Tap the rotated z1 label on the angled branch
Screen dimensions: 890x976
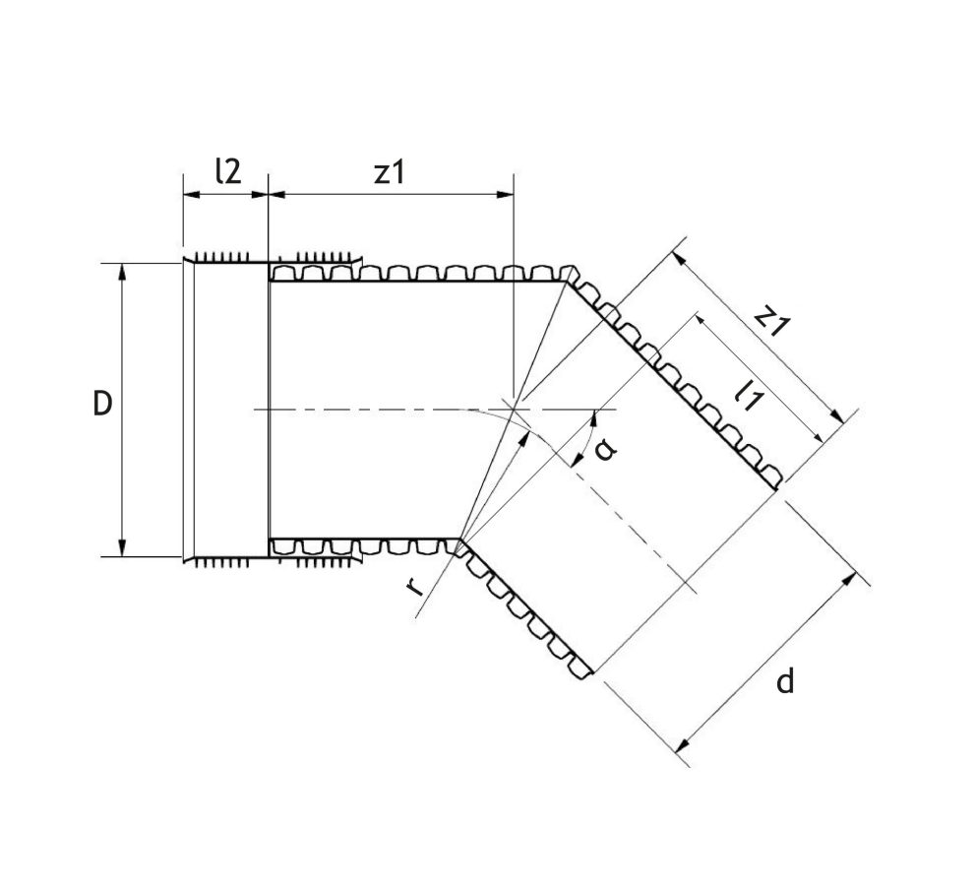click(773, 321)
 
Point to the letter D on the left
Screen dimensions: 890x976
click(101, 405)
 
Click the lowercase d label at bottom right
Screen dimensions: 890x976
click(784, 680)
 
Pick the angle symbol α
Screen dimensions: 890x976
click(607, 449)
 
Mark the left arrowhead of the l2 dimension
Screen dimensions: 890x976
click(188, 193)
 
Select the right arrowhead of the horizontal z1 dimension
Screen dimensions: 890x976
click(509, 193)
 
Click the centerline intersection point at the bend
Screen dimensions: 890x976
click(514, 409)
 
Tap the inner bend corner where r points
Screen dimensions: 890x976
click(459, 540)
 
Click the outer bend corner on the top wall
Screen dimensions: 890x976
click(567, 283)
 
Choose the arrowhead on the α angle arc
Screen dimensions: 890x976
click(593, 417)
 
